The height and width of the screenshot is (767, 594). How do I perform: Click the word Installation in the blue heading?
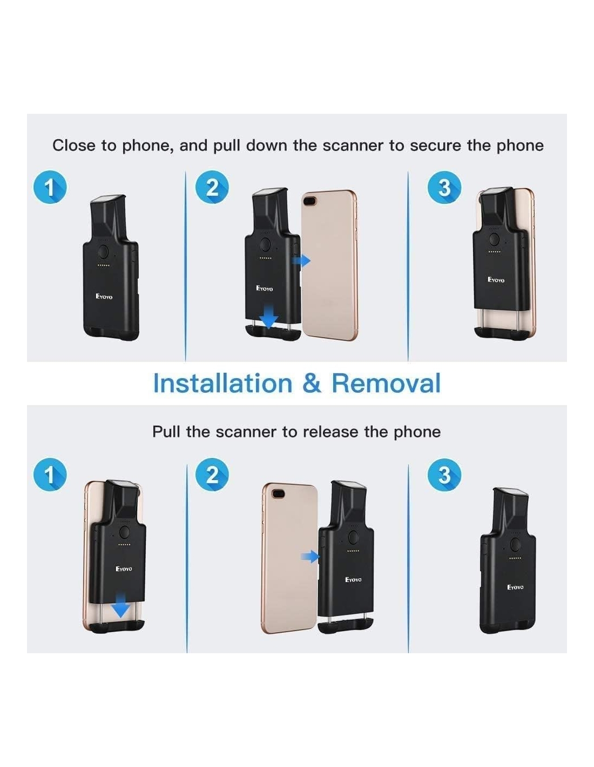point(222,383)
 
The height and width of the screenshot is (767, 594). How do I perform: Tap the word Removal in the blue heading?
point(386,383)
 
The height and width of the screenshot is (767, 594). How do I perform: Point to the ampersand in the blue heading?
point(312,383)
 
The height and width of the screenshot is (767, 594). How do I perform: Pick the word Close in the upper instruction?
point(74,146)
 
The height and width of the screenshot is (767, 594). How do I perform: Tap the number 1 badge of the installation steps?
point(50,187)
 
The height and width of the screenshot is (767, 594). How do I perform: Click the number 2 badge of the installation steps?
point(212,187)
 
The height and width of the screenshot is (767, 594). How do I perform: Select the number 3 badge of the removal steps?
point(444,475)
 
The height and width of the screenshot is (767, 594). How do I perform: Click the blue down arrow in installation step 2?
point(269,317)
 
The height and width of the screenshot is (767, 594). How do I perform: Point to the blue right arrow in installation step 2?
point(301,261)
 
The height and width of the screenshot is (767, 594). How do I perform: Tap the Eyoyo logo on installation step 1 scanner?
point(104,297)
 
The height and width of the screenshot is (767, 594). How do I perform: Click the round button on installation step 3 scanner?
point(494,239)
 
